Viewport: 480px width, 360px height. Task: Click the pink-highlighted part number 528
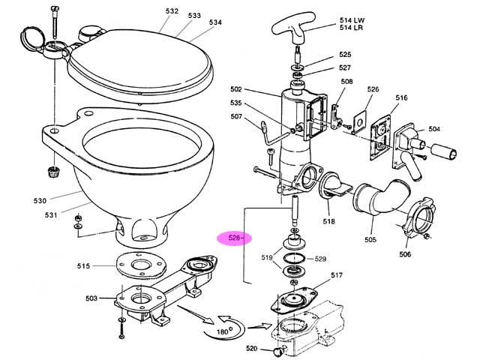(235, 238)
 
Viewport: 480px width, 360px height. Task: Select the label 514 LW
(352, 20)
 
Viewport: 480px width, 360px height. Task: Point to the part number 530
(40, 201)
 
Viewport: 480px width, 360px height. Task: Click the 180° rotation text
(224, 331)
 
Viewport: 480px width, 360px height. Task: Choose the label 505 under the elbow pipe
(370, 239)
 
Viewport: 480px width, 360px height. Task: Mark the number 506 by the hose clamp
(405, 254)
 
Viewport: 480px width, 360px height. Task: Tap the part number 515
(83, 266)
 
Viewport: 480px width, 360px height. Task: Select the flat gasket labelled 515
(141, 265)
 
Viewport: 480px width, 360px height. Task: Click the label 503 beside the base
(91, 298)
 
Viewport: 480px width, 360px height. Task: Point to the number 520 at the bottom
(252, 348)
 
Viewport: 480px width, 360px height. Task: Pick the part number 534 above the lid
(215, 22)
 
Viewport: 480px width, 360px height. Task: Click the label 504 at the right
(434, 129)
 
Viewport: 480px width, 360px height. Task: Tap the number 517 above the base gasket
(337, 275)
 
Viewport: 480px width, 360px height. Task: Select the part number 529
(320, 259)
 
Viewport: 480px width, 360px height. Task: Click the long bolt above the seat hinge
(55, 22)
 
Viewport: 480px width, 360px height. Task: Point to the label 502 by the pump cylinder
(236, 89)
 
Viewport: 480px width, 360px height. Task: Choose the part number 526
(373, 89)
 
